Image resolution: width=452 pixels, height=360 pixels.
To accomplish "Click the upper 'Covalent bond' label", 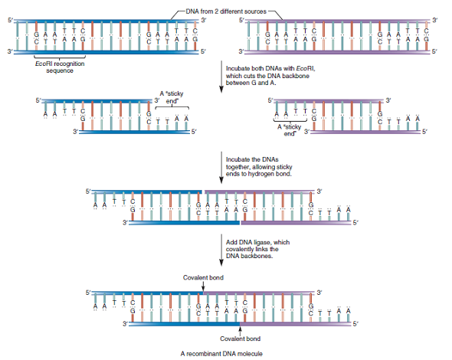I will pos(203,277).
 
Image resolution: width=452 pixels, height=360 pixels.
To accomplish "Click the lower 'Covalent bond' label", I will pos(241,338).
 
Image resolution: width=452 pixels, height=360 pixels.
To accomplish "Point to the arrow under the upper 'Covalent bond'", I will pos(203,286).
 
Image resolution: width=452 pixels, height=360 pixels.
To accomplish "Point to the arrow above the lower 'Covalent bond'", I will pos(241,329).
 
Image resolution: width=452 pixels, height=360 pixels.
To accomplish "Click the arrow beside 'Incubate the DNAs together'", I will pos(221,165).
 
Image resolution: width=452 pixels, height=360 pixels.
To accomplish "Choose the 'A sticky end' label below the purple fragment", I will pos(289,129).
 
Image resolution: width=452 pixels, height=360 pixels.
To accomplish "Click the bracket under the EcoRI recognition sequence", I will pos(59,57).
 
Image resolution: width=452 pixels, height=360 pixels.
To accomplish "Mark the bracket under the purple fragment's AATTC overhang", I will pos(289,121).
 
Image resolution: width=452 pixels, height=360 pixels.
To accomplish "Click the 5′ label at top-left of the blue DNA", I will pos(9,18).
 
